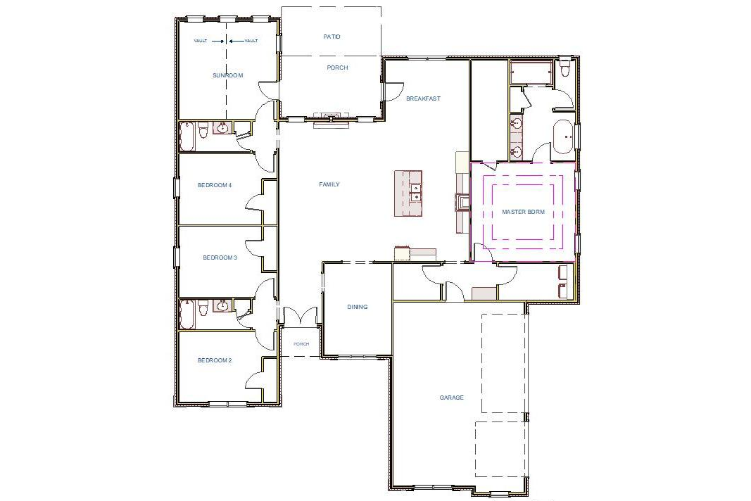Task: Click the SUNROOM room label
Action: [x=227, y=75]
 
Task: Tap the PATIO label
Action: [x=332, y=37]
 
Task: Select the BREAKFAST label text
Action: [x=423, y=99]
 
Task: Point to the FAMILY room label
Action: [x=329, y=184]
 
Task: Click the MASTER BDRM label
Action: [x=523, y=212]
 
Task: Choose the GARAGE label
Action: [x=451, y=398]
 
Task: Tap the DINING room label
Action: [x=358, y=307]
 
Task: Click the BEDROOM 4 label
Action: [x=215, y=185]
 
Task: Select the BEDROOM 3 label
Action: [x=220, y=258]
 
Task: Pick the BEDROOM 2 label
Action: [x=215, y=360]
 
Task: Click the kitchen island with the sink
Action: [x=408, y=193]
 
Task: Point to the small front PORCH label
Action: [x=301, y=344]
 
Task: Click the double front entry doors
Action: [x=301, y=317]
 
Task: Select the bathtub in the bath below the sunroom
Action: [x=187, y=136]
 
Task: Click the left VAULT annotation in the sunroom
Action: [x=201, y=41]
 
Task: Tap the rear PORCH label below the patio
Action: [x=337, y=68]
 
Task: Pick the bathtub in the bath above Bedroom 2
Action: [x=187, y=314]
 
